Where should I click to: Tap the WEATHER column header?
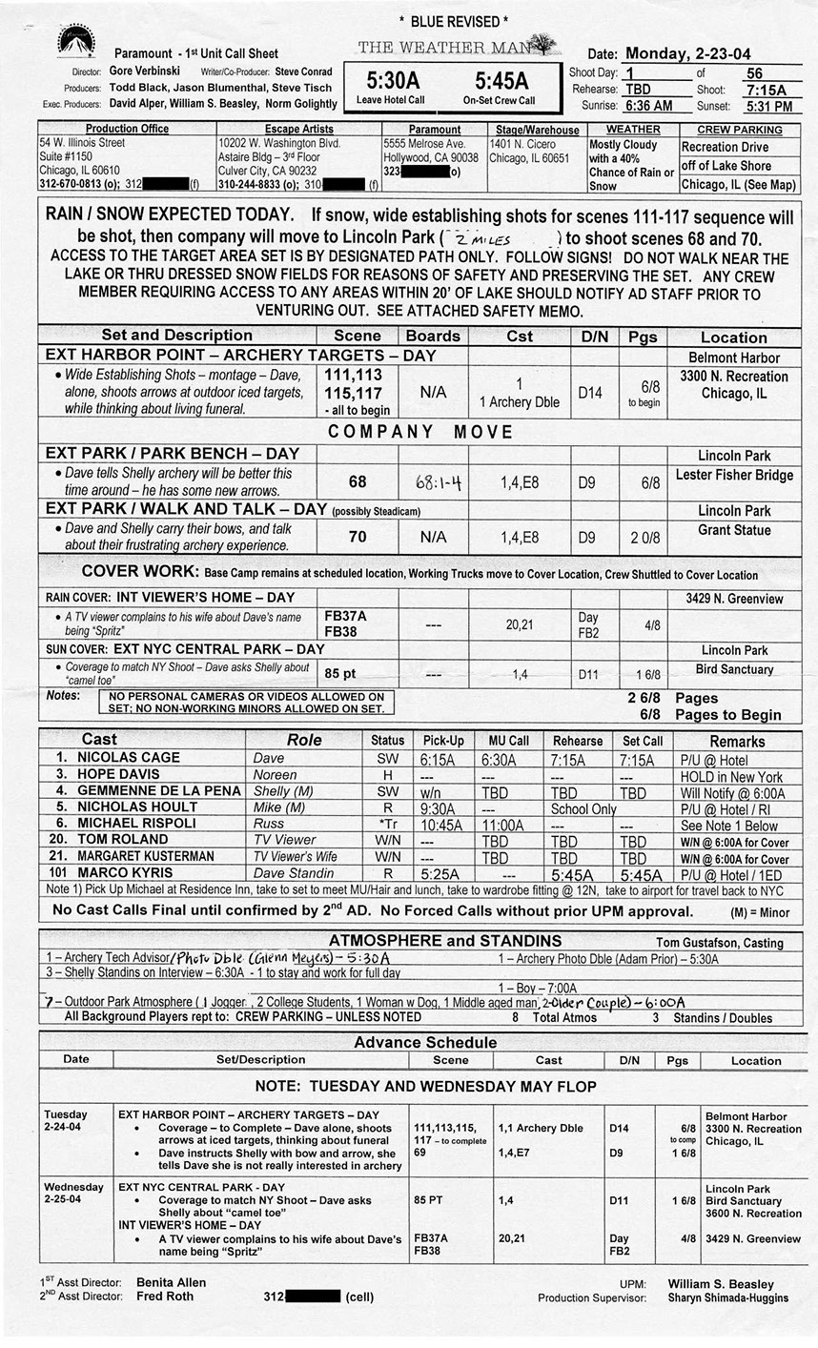point(632,130)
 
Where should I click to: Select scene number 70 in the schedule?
point(357,537)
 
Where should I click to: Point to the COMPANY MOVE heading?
point(408,432)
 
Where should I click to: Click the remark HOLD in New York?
point(730,776)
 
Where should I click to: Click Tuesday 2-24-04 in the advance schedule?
point(67,1120)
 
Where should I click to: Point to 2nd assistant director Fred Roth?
point(164,1297)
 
